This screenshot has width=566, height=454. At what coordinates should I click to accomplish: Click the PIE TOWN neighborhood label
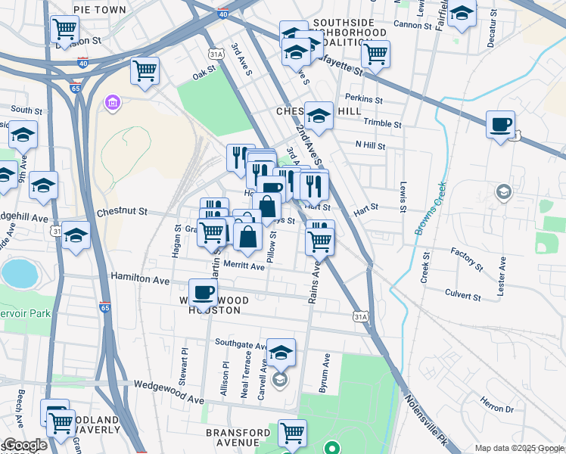[x=101, y=10]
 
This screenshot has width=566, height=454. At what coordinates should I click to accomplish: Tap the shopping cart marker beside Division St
[x=65, y=30]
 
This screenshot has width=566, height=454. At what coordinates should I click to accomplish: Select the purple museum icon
[x=113, y=102]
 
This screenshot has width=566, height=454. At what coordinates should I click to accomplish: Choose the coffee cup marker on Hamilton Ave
[x=203, y=291]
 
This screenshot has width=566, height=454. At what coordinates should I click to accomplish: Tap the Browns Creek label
[x=429, y=208]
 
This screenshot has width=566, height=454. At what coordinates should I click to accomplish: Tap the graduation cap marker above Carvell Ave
[x=281, y=352]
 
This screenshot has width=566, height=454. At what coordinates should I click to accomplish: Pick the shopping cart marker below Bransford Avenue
[x=292, y=433]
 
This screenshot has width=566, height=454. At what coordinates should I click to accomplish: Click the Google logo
[x=24, y=445]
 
